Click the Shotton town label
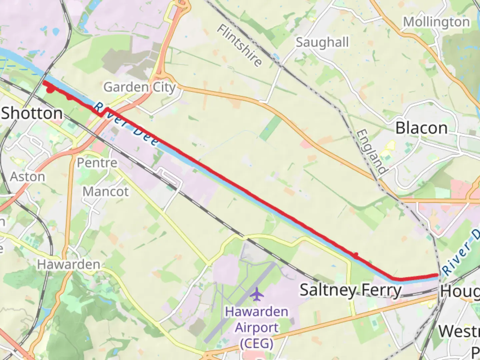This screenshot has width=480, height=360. (32, 113)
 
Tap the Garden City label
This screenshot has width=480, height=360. (139, 87)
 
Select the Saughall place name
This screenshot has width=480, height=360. (322, 43)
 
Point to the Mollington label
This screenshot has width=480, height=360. (436, 22)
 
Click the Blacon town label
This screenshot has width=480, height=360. (421, 128)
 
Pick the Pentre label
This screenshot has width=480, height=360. (97, 163)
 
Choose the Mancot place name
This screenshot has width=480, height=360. (105, 192)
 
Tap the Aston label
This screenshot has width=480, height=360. (27, 177)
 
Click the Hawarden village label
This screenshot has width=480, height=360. (68, 265)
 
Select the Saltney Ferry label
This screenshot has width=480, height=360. (351, 290)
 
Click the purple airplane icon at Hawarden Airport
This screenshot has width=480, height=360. (256, 294)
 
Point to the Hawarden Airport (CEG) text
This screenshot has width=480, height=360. (256, 327)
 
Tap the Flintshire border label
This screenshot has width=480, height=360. (239, 45)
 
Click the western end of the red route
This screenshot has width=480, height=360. (44, 82)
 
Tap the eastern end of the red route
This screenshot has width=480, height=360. (437, 275)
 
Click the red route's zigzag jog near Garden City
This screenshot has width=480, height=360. (104, 112)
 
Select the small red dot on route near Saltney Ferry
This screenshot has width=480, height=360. (356, 255)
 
